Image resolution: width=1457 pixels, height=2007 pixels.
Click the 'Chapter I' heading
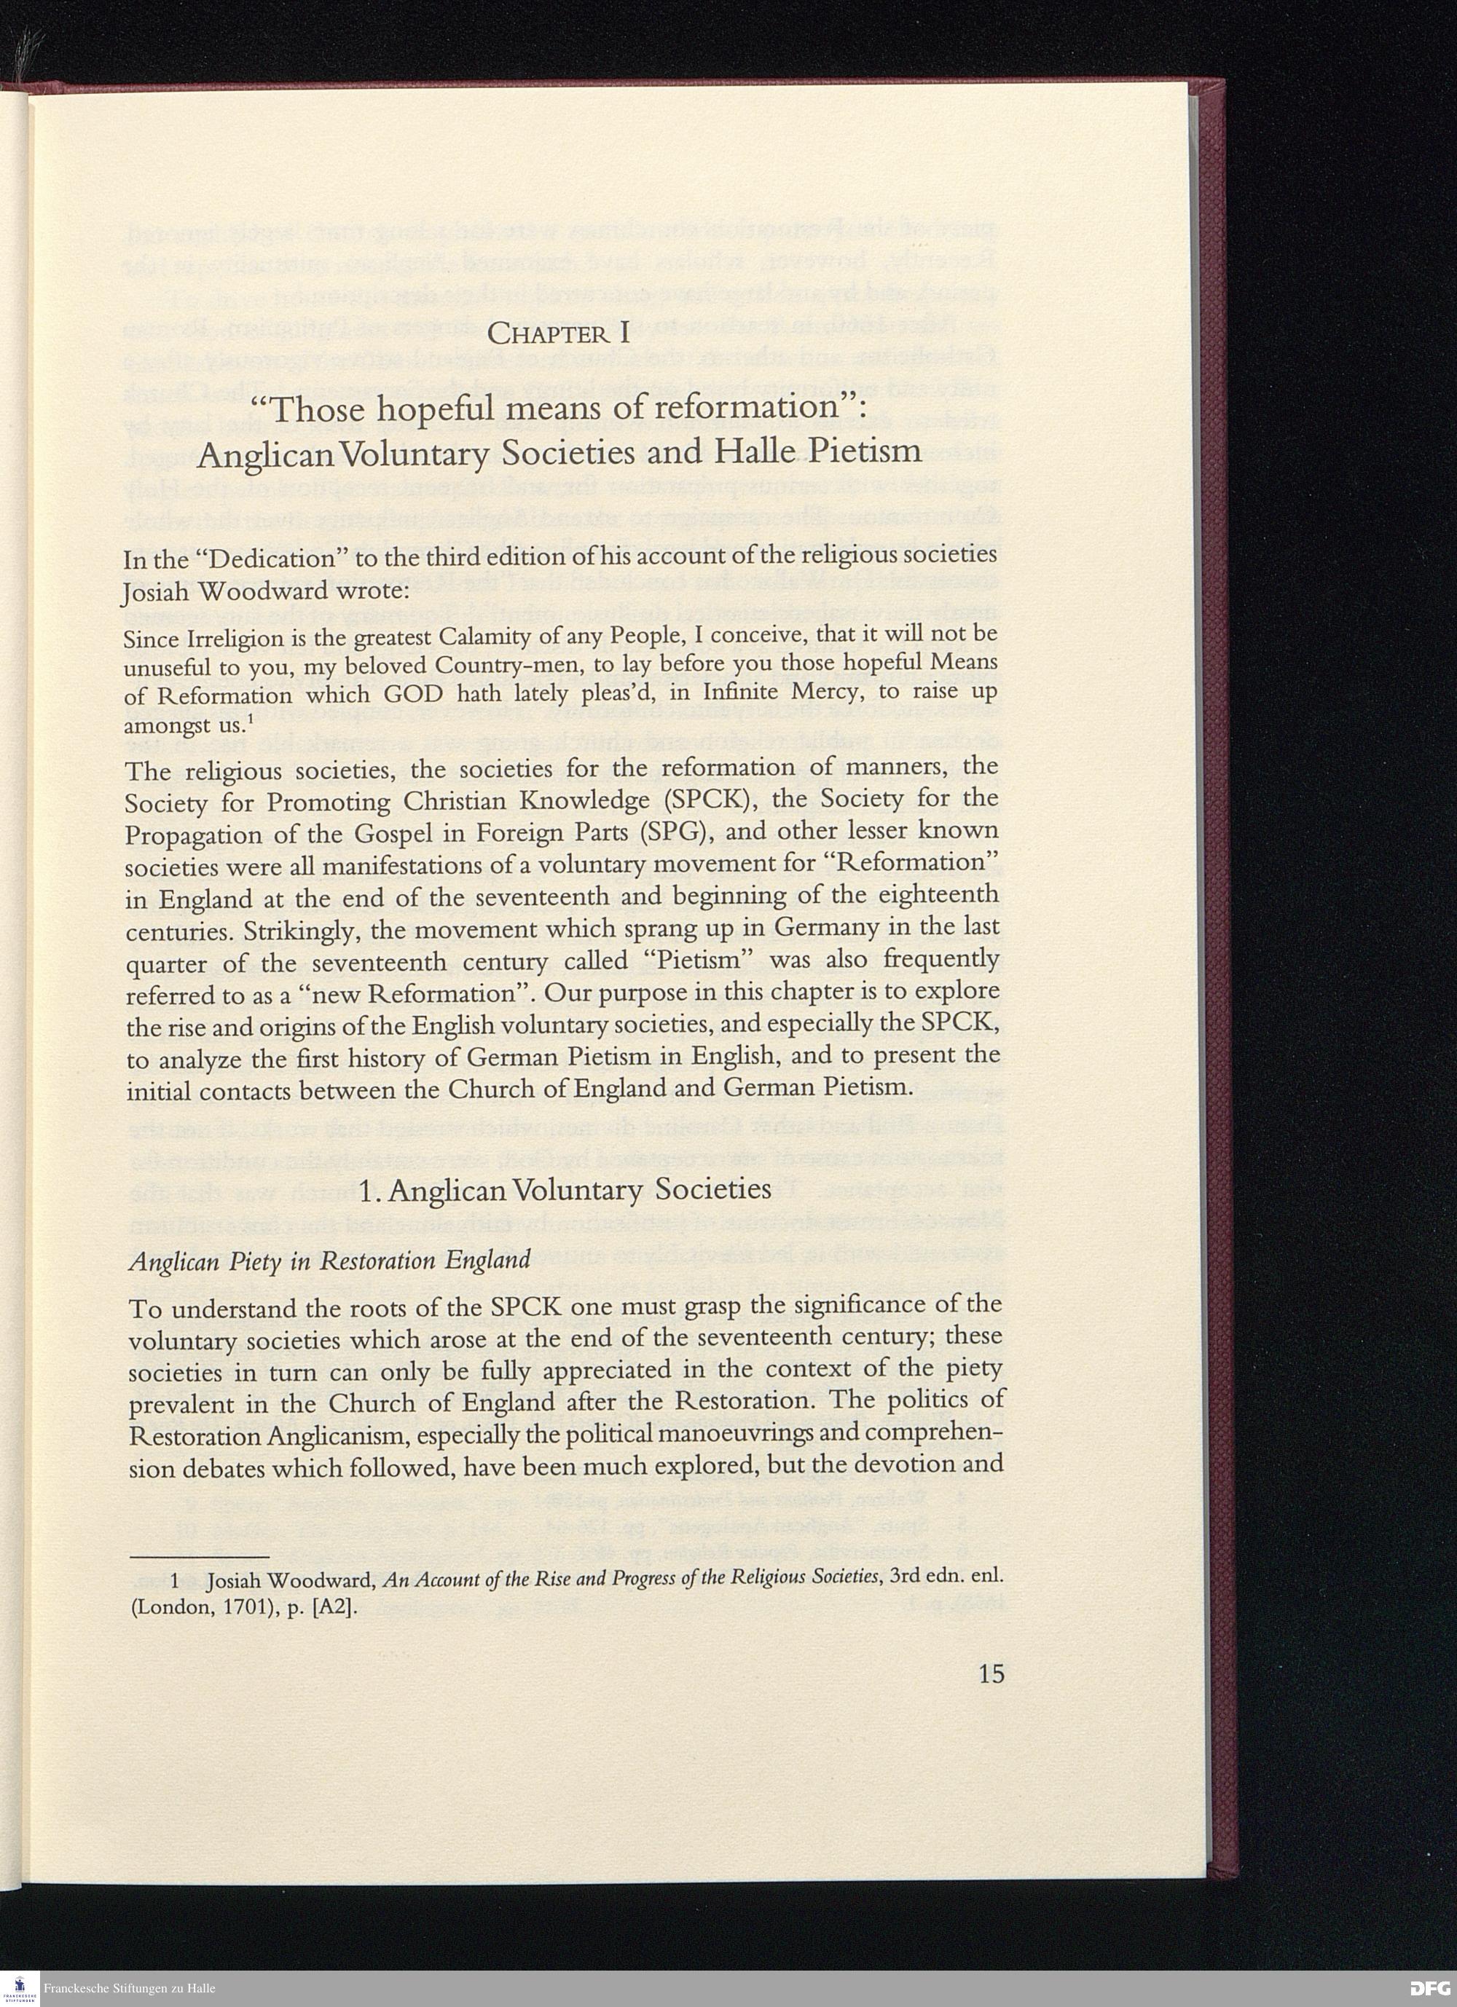click(559, 334)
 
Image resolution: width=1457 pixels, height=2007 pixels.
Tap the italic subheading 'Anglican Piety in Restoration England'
click(329, 1260)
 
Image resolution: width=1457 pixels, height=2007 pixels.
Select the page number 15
click(991, 1673)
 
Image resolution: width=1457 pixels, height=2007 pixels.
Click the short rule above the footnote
click(198, 1555)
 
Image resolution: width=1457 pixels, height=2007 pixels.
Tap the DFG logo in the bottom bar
click(1429, 1988)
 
